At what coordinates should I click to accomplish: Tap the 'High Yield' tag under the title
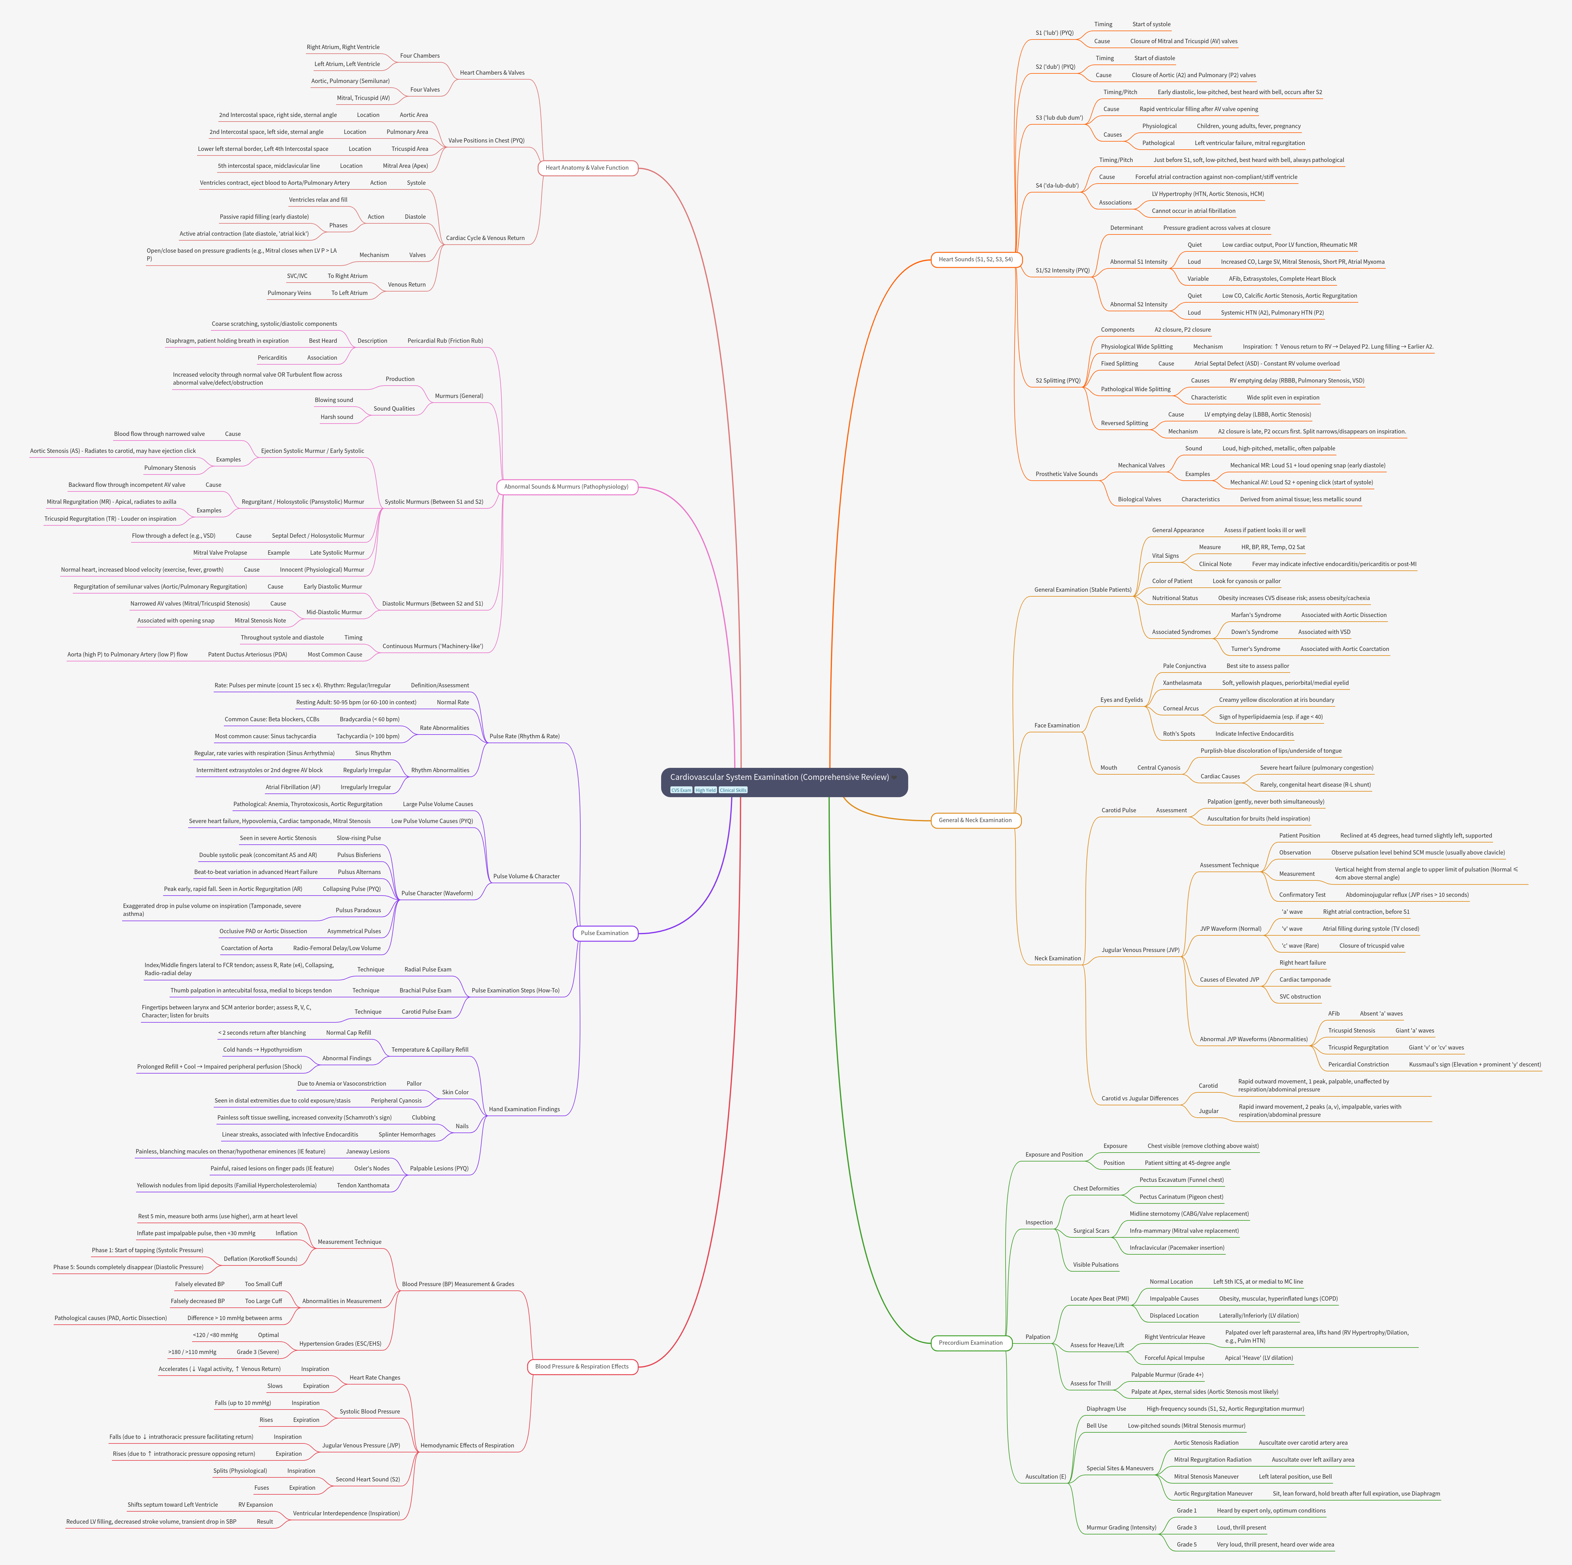tap(706, 790)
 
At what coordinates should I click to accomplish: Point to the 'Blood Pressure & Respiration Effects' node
tap(582, 1366)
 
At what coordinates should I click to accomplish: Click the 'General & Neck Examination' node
tap(975, 820)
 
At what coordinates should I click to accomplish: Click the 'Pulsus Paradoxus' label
tap(358, 910)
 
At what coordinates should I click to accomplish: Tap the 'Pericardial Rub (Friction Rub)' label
tap(445, 341)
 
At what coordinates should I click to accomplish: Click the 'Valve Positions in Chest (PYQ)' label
tap(486, 141)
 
